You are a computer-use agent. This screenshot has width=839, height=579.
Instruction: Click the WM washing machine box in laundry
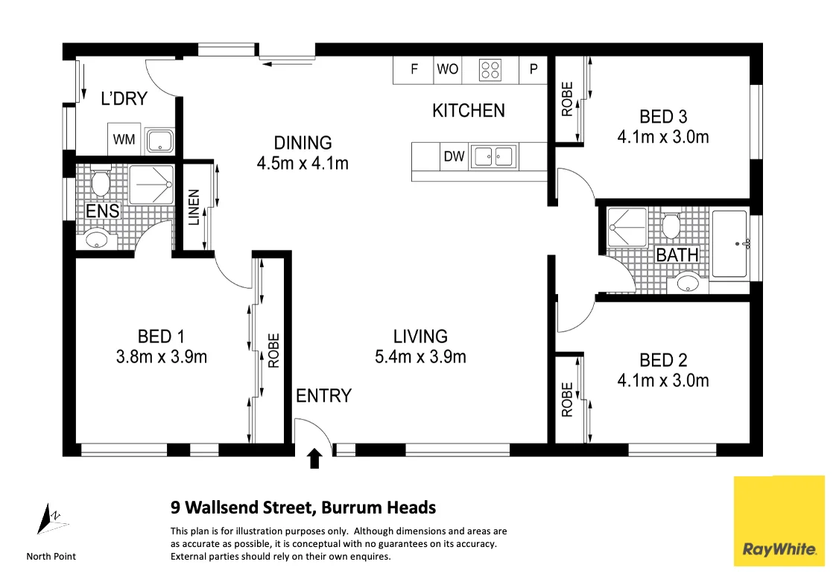click(x=124, y=139)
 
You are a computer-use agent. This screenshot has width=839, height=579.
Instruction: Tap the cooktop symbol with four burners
click(x=490, y=70)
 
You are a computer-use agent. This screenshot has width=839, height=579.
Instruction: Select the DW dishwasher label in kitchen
click(x=454, y=156)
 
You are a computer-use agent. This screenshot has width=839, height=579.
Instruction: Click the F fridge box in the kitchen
click(x=414, y=70)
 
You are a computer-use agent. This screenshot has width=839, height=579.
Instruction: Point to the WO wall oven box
click(x=447, y=70)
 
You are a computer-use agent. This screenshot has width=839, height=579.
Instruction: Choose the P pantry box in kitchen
click(x=533, y=70)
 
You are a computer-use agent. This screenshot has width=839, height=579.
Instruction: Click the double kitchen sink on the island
click(x=492, y=156)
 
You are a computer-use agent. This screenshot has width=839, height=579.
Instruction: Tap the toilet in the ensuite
click(x=100, y=181)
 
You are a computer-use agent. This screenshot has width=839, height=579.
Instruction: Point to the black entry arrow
click(x=314, y=458)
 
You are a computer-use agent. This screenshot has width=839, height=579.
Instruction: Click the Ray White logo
click(x=779, y=521)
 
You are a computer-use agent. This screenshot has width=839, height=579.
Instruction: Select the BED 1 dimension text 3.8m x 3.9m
click(x=162, y=357)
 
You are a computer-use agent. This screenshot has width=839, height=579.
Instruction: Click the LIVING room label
click(x=420, y=336)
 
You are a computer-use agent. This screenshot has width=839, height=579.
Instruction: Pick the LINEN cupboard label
click(x=194, y=208)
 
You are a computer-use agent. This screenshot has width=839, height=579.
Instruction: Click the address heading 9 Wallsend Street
click(x=303, y=508)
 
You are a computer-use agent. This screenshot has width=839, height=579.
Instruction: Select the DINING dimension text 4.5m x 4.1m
click(x=302, y=163)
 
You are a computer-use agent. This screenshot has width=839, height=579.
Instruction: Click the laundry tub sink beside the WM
click(x=159, y=141)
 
